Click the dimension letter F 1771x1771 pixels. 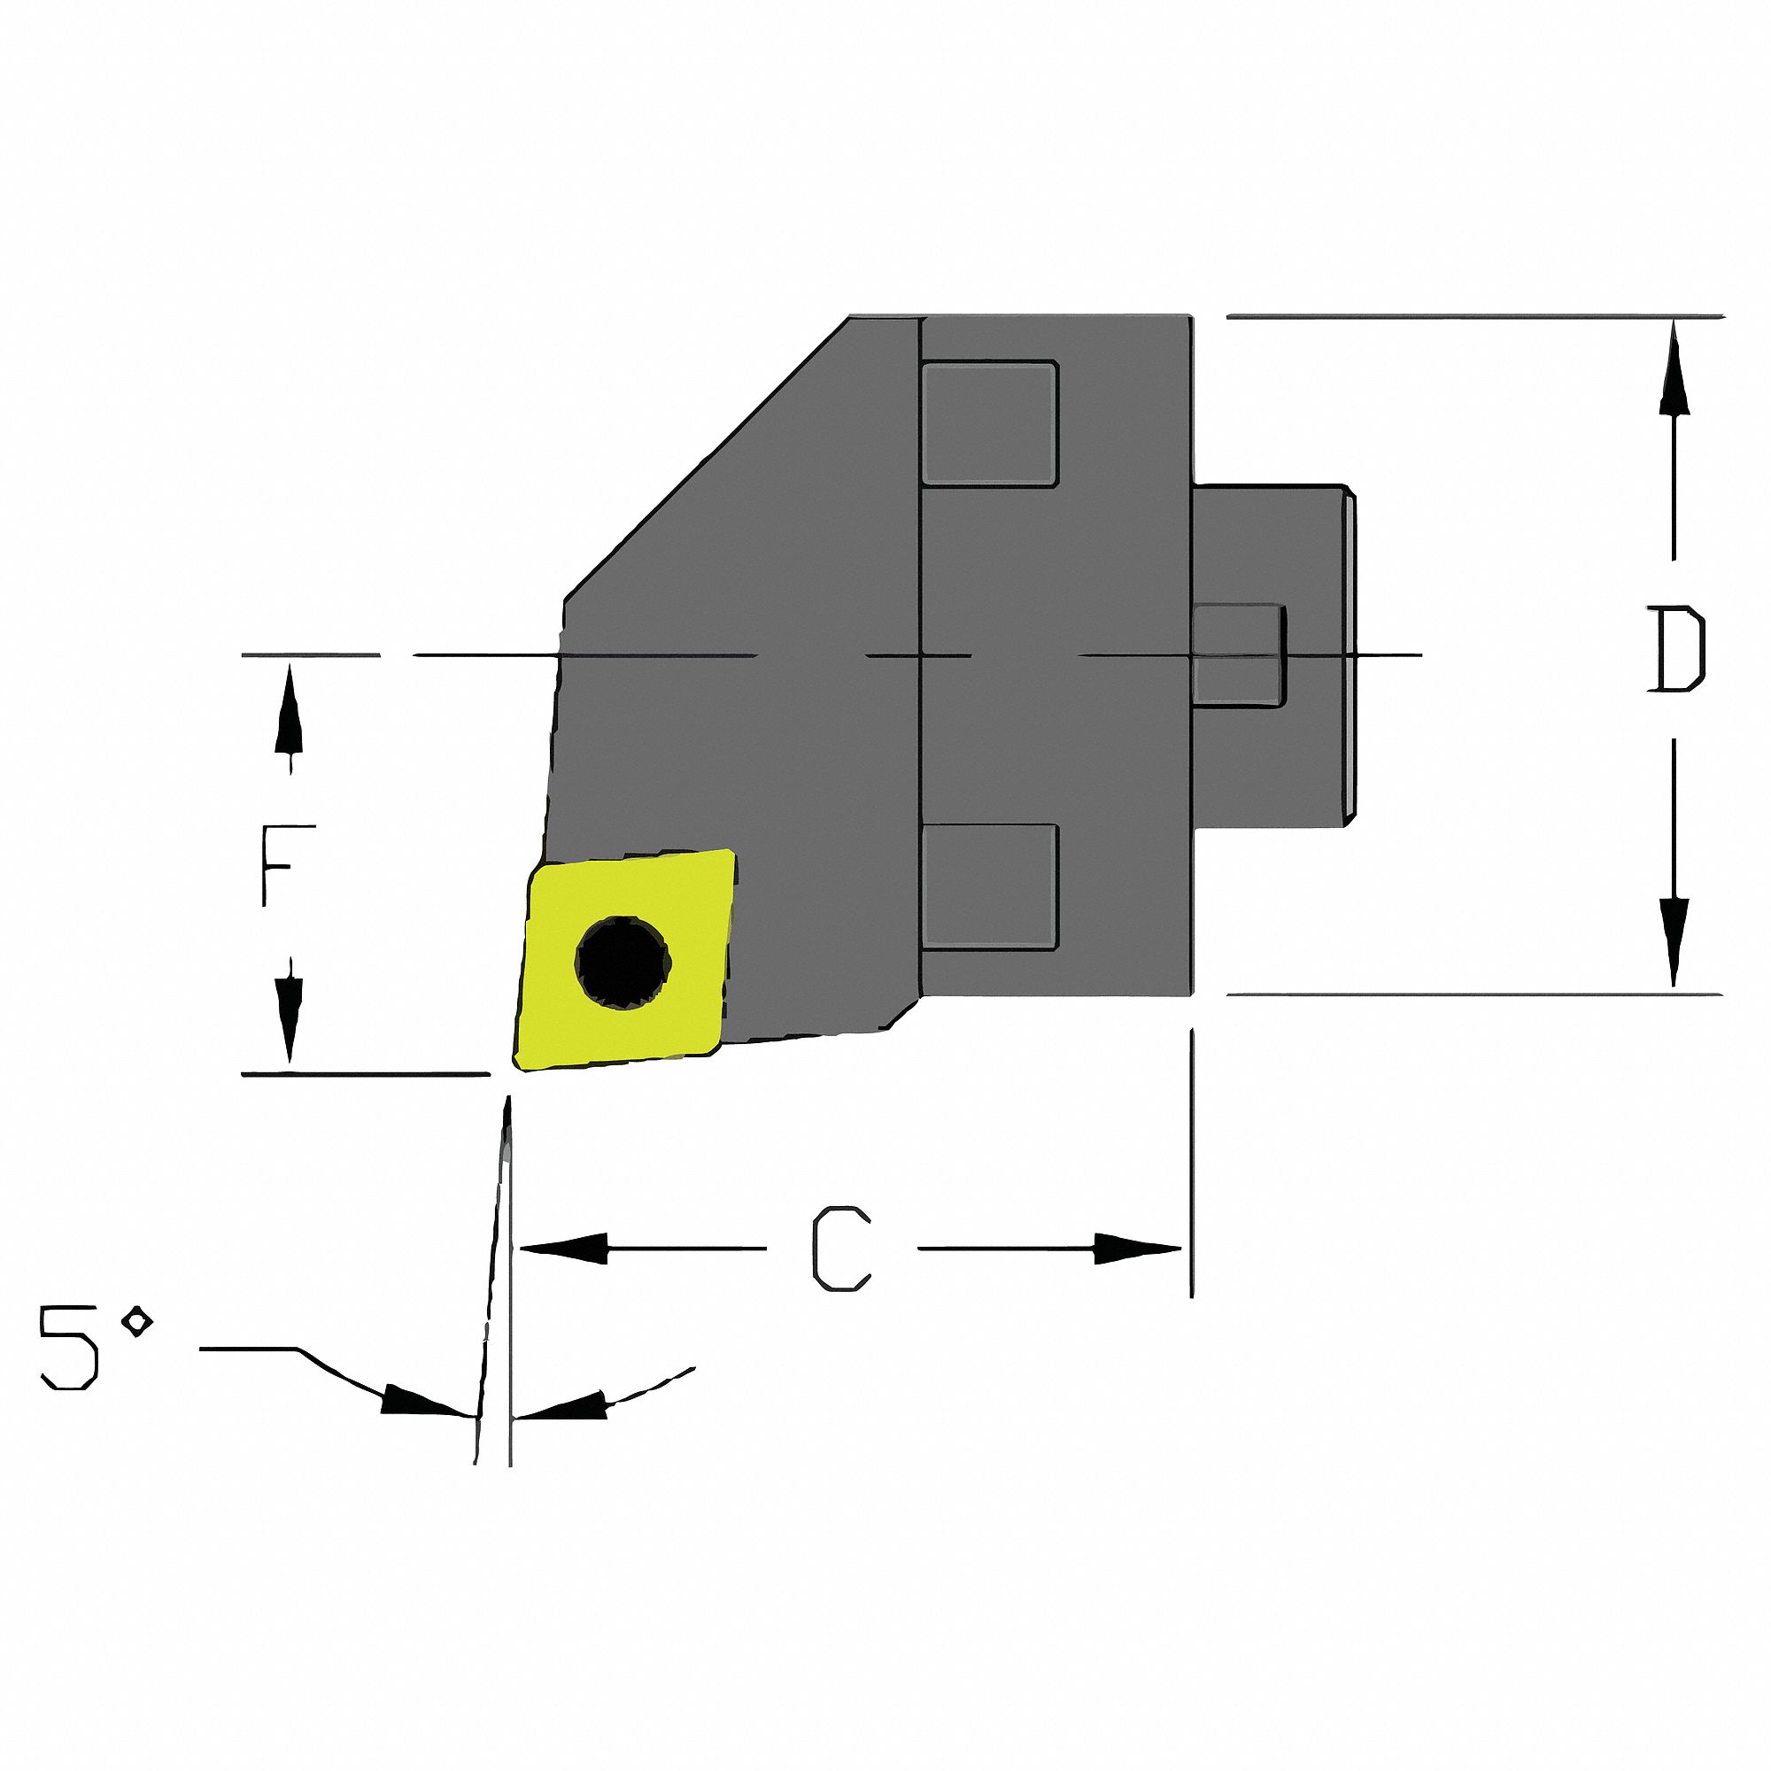point(288,864)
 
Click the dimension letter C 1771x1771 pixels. point(840,1249)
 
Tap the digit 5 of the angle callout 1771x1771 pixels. point(69,1349)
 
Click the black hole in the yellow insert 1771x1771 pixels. point(623,963)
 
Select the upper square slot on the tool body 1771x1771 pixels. point(989,422)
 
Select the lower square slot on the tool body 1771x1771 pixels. point(989,887)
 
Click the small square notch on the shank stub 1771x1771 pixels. point(1238,654)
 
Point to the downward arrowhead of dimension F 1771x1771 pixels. point(290,1017)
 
